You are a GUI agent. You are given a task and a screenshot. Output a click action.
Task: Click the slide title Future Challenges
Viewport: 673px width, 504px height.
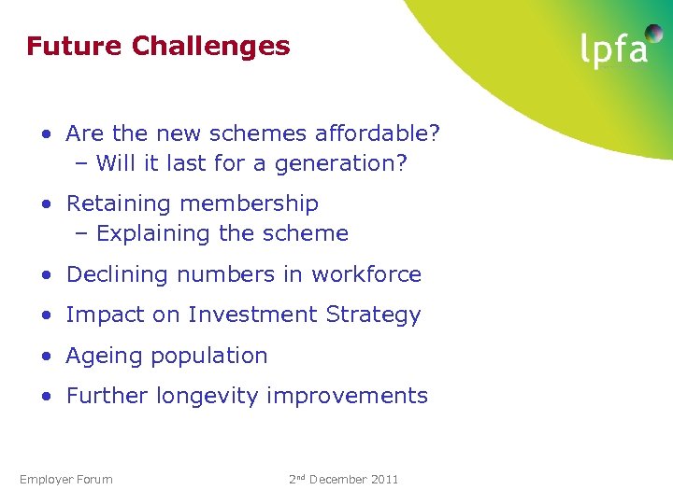click(x=158, y=46)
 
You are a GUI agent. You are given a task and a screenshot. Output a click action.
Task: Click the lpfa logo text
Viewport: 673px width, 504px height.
click(x=614, y=50)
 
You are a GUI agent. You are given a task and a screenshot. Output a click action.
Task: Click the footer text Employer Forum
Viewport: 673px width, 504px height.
click(x=65, y=480)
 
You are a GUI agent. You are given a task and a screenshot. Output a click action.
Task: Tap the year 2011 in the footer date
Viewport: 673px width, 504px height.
click(x=383, y=480)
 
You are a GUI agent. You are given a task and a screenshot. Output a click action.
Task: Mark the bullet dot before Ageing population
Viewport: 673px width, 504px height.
click(x=46, y=357)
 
